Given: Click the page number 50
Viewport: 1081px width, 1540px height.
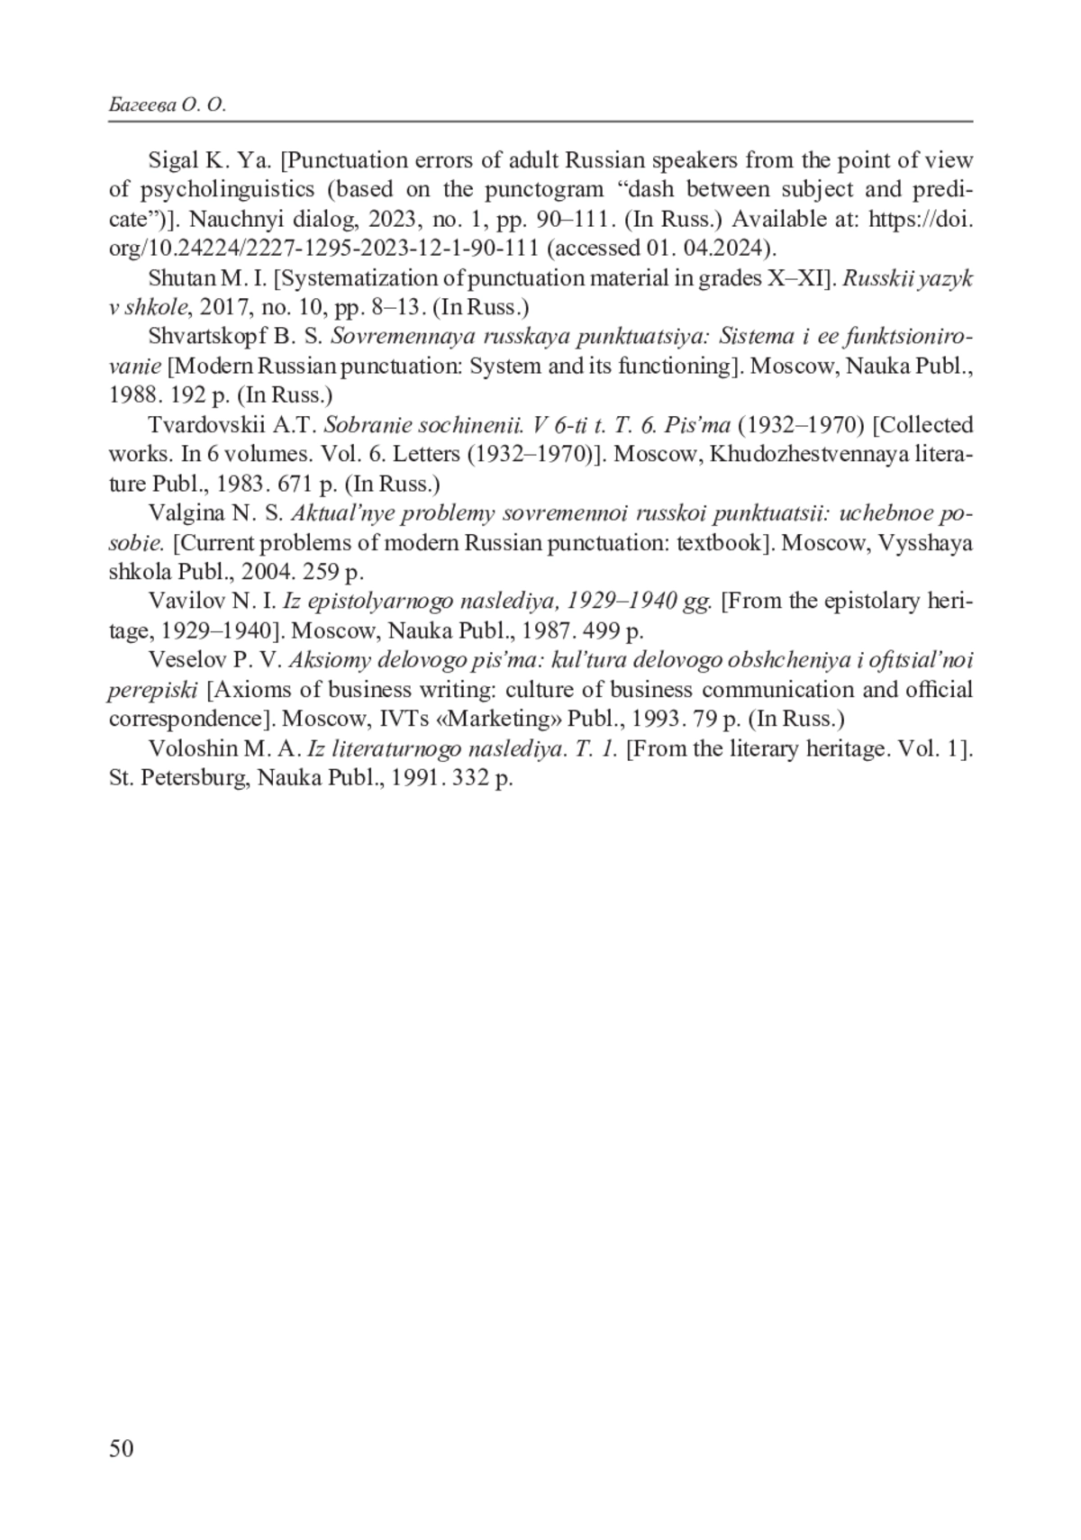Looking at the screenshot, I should [121, 1447].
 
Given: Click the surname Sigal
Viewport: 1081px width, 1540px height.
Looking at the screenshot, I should [172, 161].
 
